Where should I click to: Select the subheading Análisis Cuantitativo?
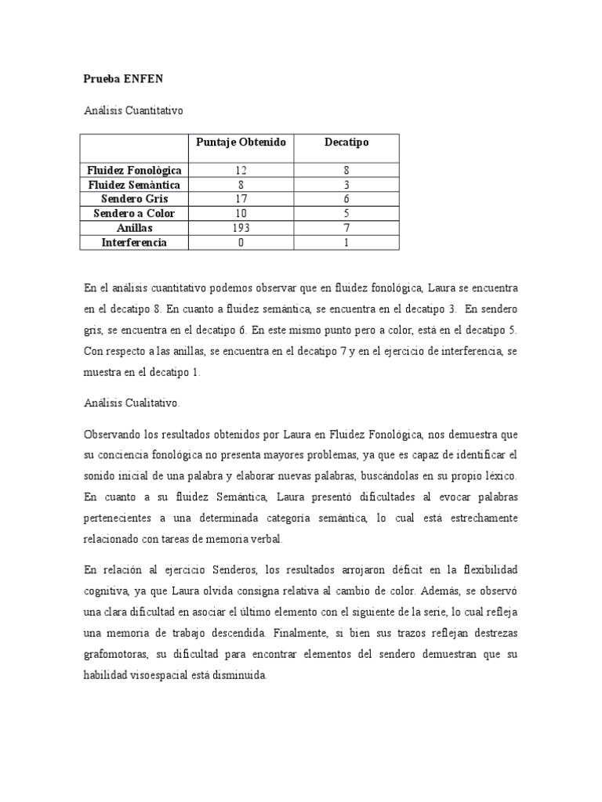click(x=133, y=111)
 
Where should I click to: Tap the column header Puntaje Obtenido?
click(x=241, y=142)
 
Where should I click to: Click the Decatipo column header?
click(x=346, y=142)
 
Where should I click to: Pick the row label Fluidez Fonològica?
click(x=134, y=170)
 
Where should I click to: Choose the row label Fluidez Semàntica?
click(x=134, y=185)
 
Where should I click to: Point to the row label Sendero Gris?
click(x=134, y=199)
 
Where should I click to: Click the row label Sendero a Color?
click(x=134, y=213)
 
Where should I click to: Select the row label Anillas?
click(x=134, y=228)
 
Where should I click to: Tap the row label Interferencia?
click(x=134, y=243)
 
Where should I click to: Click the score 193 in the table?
click(x=241, y=228)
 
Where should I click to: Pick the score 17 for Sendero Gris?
click(x=241, y=199)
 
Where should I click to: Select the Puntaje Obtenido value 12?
click(x=241, y=170)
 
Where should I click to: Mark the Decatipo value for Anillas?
click(x=346, y=228)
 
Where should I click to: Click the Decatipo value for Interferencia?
click(x=346, y=243)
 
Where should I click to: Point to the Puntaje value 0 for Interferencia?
click(x=241, y=243)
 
